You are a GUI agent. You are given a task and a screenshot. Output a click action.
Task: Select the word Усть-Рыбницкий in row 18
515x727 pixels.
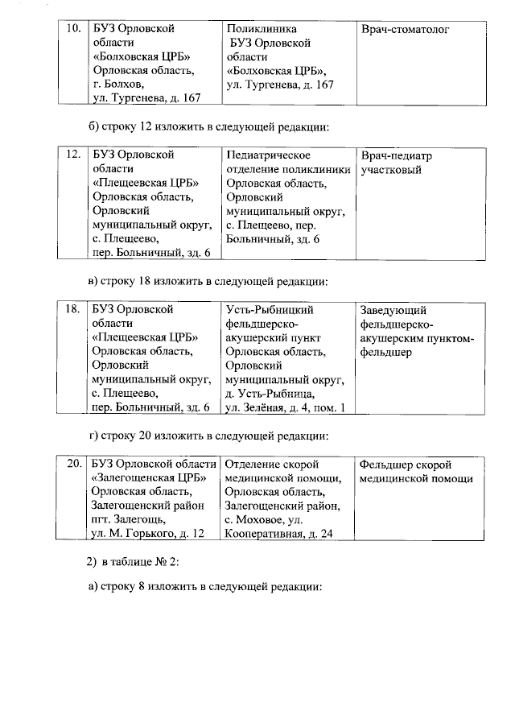pyautogui.click(x=270, y=310)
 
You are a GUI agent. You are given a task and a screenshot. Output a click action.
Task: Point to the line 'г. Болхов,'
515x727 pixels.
pyautogui.click(x=118, y=84)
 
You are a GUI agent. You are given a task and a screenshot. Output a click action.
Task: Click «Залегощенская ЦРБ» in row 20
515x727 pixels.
pyautogui.click(x=146, y=478)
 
